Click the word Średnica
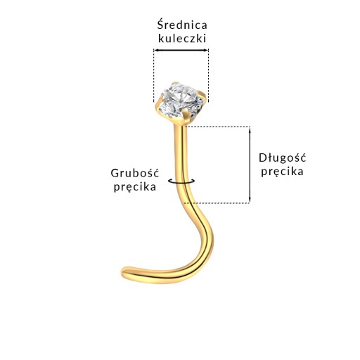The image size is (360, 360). click(x=182, y=25)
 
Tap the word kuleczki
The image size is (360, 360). click(x=182, y=39)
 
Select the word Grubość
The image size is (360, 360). click(x=135, y=173)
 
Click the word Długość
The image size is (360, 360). click(x=282, y=157)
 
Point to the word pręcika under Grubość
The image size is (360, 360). click(x=135, y=187)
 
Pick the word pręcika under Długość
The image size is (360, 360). click(x=282, y=172)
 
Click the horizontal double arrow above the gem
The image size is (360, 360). click(x=181, y=50)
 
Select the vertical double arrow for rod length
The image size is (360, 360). click(x=250, y=165)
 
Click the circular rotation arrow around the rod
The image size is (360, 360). click(x=181, y=181)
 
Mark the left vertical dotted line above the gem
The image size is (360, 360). click(x=154, y=75)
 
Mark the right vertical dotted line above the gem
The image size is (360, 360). click(x=208, y=75)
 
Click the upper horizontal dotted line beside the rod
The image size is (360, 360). click(x=217, y=127)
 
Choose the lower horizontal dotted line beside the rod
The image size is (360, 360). click(x=217, y=203)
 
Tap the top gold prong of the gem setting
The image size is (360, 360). click(x=175, y=83)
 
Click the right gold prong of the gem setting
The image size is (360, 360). click(x=203, y=96)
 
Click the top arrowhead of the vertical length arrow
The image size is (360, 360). click(x=250, y=130)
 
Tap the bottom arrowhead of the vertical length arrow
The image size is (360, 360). click(x=250, y=200)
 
